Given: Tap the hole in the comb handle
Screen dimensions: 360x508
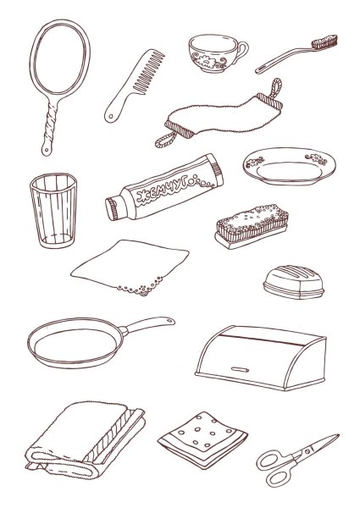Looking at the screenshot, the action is coord(112,116).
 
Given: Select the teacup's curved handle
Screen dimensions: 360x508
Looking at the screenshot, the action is coord(241,51).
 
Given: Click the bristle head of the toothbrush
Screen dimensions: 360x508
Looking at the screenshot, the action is coord(324,42).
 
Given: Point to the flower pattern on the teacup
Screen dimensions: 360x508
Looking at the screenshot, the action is coord(207,61).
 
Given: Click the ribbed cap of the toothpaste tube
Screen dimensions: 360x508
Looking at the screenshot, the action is coord(113,209).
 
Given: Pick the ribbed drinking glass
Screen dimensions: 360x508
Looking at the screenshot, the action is coord(53,210).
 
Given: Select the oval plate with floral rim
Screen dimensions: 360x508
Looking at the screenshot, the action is coord(289,166).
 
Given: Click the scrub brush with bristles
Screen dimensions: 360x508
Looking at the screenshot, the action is coord(252,226).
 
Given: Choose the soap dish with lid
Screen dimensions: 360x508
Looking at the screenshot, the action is coord(294,282).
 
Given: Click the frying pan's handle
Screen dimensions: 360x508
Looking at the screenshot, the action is coord(148,324).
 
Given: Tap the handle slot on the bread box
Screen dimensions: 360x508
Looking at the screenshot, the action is coord(240,369).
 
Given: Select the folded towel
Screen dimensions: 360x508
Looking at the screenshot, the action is coord(86,440).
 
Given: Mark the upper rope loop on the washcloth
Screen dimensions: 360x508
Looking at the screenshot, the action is coord(276,88).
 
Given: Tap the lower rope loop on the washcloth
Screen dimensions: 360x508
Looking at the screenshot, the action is coord(166,140).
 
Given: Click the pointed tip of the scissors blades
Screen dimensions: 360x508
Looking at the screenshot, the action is coord(339,435).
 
